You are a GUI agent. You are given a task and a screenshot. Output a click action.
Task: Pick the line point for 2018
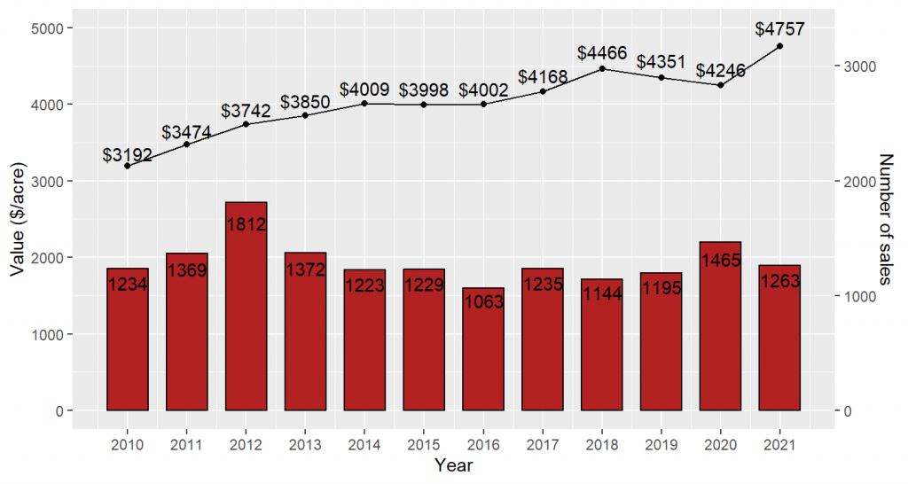click(x=602, y=68)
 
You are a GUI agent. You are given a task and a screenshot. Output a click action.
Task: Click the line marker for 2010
click(x=128, y=166)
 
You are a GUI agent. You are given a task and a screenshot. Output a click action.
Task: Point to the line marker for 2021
click(x=779, y=46)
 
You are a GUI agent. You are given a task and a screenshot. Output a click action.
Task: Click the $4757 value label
click(x=779, y=29)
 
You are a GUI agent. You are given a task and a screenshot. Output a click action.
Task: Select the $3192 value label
click(x=127, y=156)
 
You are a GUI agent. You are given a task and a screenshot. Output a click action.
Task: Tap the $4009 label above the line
click(x=364, y=90)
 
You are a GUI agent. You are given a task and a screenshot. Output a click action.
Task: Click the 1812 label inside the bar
click(x=247, y=224)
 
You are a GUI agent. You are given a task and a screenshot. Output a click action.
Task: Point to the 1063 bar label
click(x=483, y=301)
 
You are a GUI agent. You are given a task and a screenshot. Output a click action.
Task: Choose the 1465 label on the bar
click(x=720, y=261)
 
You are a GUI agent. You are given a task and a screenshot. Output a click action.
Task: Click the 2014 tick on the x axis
click(x=364, y=444)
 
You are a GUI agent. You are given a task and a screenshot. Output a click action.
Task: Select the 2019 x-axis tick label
click(x=661, y=444)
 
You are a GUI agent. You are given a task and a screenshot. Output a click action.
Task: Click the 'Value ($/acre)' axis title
click(x=18, y=219)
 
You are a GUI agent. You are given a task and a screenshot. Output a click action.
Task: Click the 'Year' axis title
click(x=453, y=465)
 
